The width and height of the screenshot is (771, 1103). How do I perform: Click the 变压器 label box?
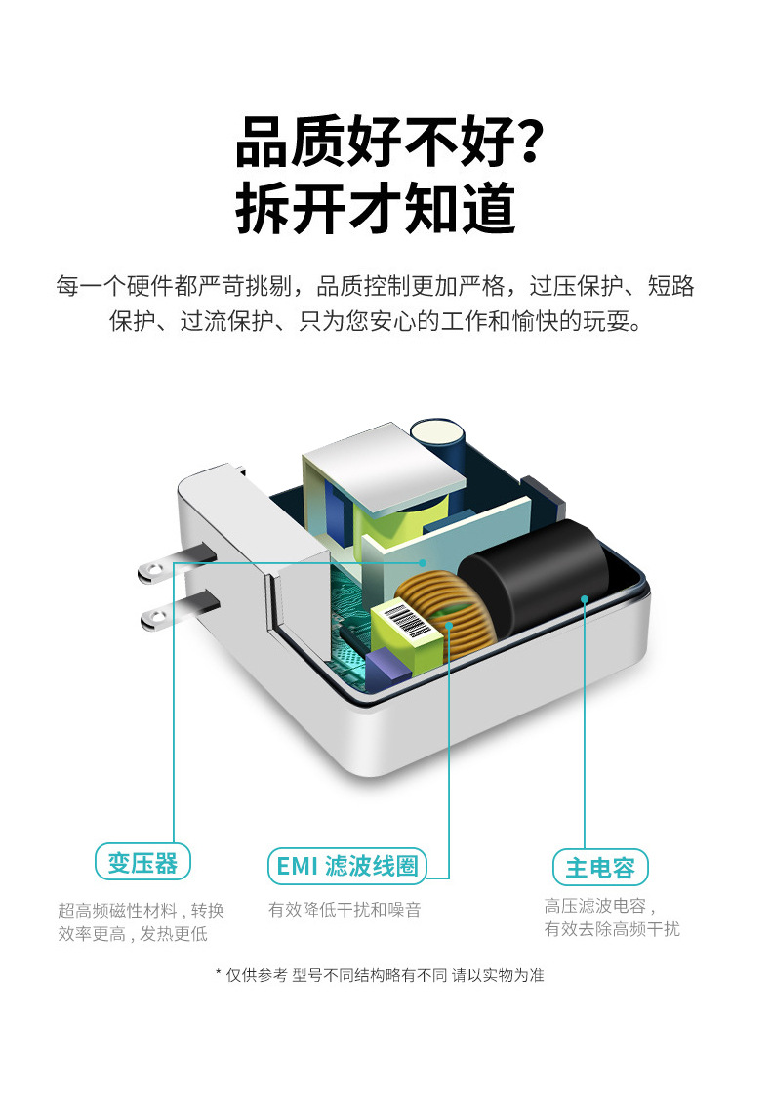143,863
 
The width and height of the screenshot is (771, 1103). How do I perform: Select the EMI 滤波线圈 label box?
346,865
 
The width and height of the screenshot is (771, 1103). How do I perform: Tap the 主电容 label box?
599,867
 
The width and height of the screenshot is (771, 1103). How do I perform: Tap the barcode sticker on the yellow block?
404,621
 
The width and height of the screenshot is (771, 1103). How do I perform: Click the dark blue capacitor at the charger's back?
438,444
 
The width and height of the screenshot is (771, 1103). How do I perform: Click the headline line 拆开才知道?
376,206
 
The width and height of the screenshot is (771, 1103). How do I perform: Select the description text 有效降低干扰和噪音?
345,910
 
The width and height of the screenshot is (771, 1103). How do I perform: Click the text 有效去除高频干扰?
612,929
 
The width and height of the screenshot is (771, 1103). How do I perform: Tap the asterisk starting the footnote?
219,974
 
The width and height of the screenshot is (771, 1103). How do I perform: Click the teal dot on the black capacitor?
585,597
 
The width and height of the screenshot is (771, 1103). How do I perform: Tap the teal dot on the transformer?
423,562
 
